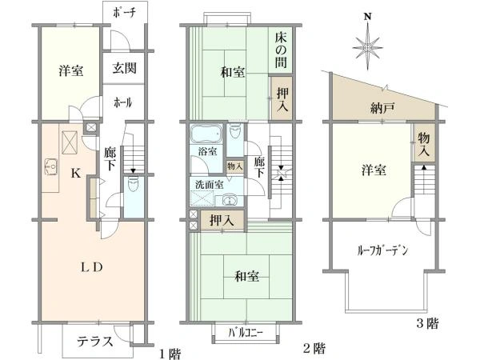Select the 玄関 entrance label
tap(124, 67)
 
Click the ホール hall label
tap(123, 102)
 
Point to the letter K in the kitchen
tap(74, 172)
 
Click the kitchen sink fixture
tap(52, 168)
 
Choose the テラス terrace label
tap(94, 340)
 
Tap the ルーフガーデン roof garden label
tap(382, 250)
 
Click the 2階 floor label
tap(314, 349)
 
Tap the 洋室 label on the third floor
tap(374, 170)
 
